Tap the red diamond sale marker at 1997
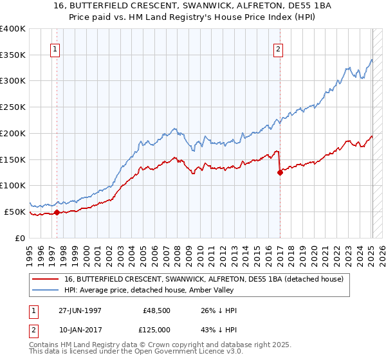[57, 212]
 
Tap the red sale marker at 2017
[280, 172]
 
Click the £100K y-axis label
[14, 185]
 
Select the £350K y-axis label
[14, 55]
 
